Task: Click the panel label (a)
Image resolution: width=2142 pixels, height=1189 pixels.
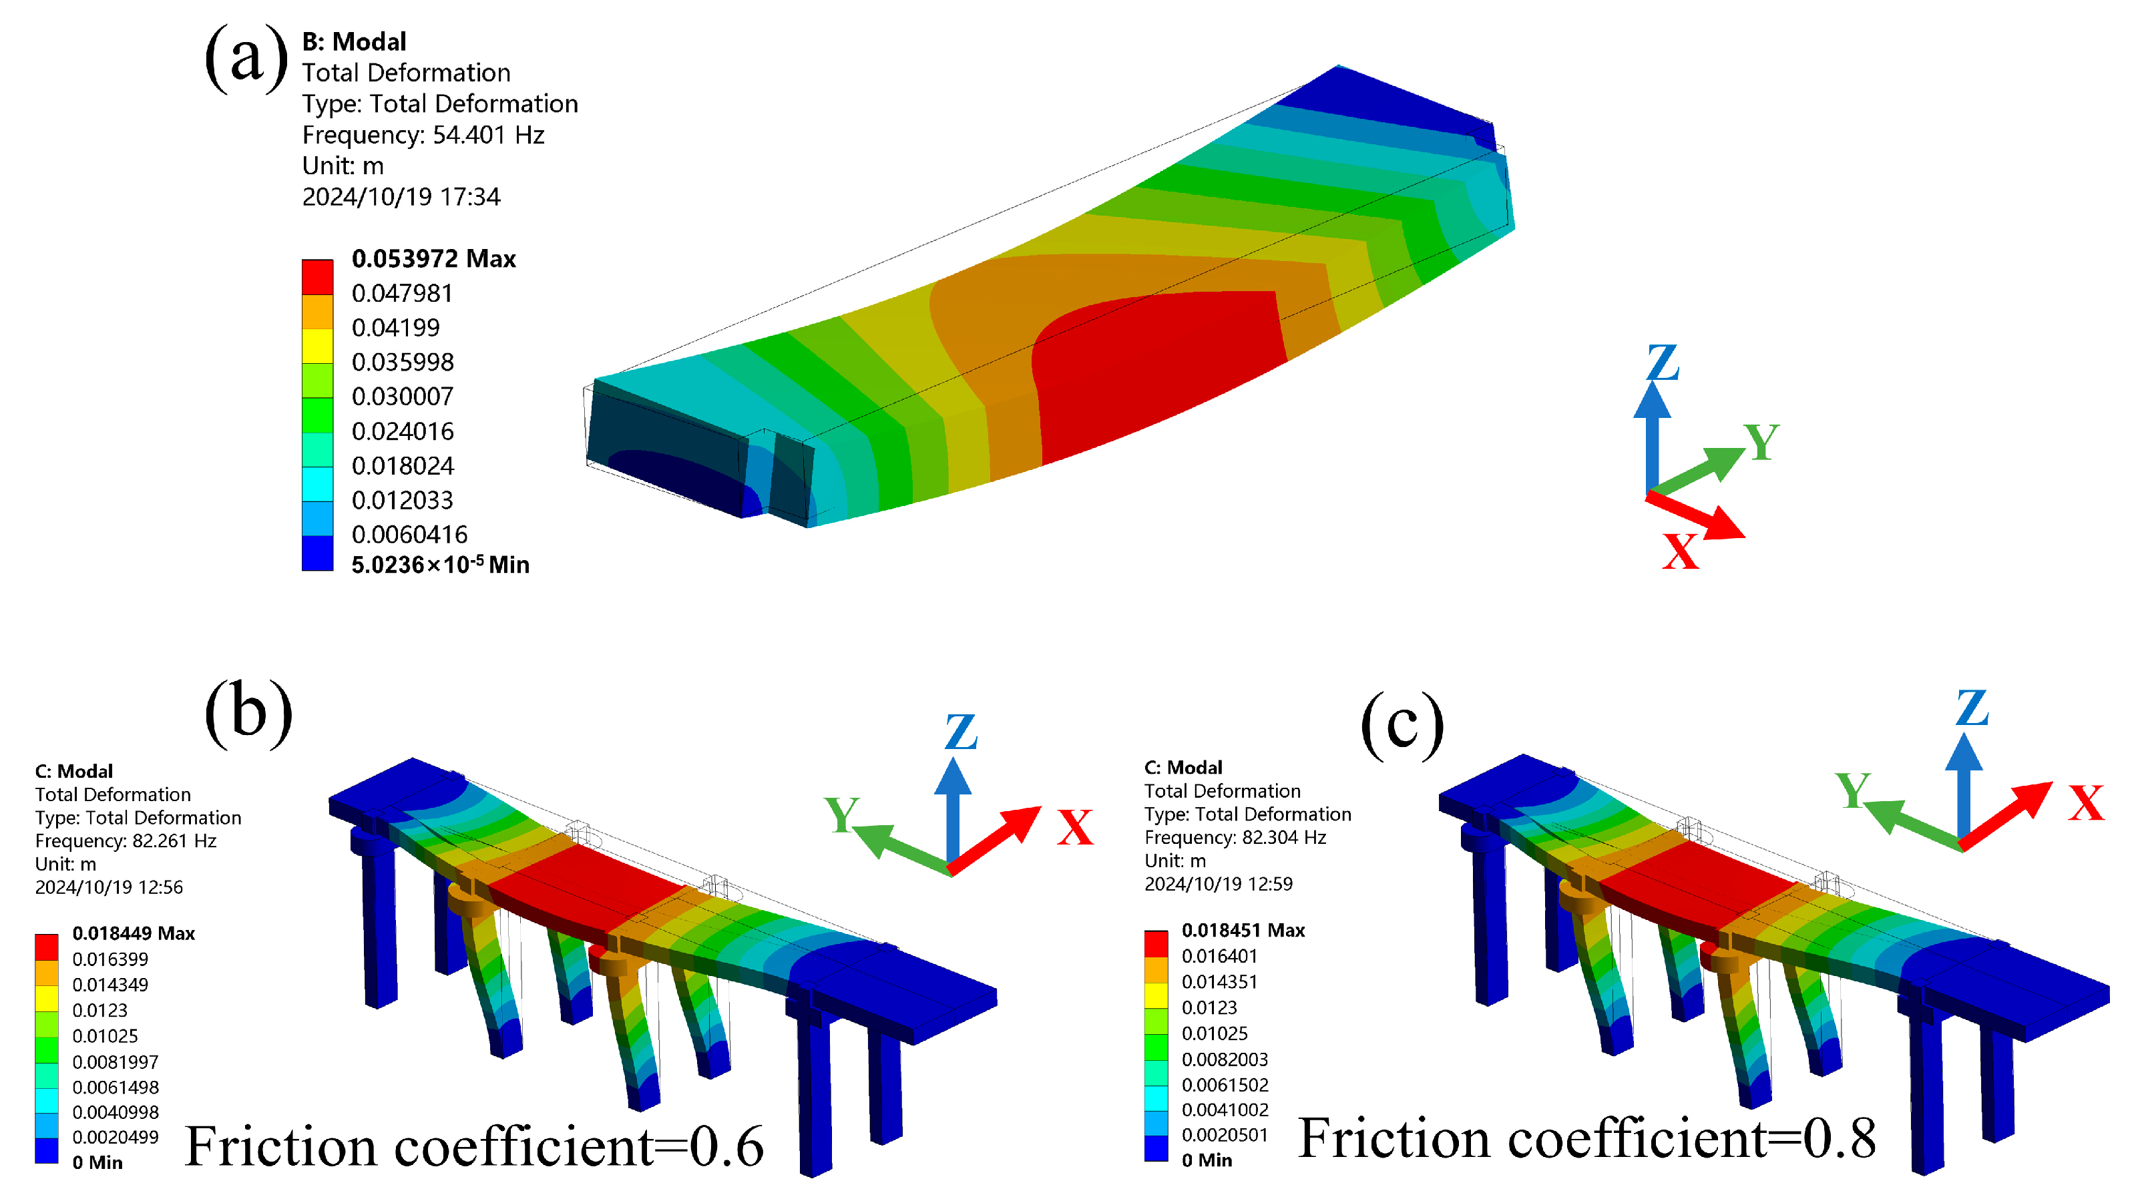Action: [x=246, y=58]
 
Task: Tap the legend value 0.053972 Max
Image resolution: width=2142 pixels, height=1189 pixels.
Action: [x=433, y=258]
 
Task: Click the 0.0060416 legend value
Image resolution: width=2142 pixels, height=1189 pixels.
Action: [x=409, y=534]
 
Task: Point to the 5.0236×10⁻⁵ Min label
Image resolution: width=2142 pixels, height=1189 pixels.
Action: [x=440, y=565]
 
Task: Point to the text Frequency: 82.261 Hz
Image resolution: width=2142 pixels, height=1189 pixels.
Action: [x=126, y=841]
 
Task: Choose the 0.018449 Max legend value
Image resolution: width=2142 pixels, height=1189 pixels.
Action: [x=133, y=933]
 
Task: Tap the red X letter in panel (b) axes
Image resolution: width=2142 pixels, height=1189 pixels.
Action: [x=1074, y=827]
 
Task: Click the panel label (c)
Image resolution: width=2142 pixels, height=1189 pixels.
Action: [x=1402, y=725]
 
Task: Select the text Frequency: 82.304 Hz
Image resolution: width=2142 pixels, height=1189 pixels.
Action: [x=1235, y=837]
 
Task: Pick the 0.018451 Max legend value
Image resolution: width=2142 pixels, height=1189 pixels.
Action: [x=1243, y=929]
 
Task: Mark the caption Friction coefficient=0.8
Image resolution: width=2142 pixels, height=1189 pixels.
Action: [x=1586, y=1139]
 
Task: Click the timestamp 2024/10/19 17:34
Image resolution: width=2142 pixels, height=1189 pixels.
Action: [x=401, y=197]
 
